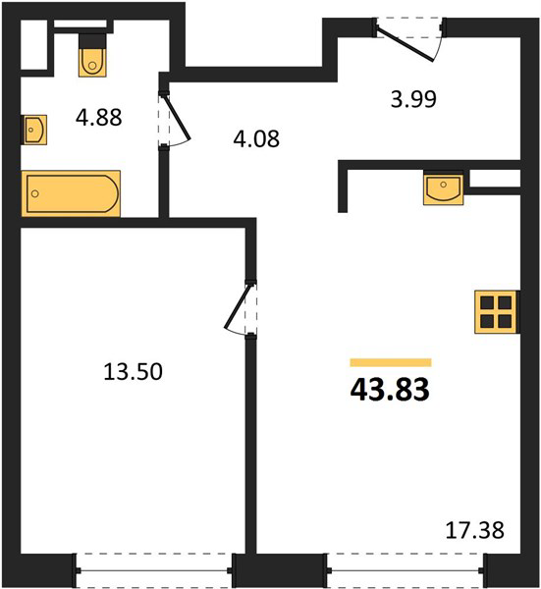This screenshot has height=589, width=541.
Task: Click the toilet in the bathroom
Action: point(92,55)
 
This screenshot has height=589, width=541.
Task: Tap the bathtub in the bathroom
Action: point(71,193)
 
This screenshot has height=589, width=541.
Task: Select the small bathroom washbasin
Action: point(34,130)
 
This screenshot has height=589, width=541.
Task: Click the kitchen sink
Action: point(444,187)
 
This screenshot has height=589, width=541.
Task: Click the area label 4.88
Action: point(99,117)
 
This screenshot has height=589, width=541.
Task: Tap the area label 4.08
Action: point(256,138)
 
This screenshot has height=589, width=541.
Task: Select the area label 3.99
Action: point(413,99)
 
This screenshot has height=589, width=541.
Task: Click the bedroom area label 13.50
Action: point(133,371)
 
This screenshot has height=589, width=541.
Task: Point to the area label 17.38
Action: point(474,530)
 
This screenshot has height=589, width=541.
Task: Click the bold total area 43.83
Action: point(390,390)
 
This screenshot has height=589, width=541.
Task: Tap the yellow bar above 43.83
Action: point(391,362)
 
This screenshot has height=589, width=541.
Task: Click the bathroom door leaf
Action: point(177,117)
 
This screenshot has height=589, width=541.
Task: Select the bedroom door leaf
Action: point(237,306)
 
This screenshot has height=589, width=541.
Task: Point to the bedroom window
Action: point(154,570)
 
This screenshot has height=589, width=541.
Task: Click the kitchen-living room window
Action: point(406,570)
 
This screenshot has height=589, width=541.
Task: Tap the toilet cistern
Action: point(92,40)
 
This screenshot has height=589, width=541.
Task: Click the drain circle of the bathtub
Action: point(35,193)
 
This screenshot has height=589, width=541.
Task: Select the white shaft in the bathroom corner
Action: point(34,44)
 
